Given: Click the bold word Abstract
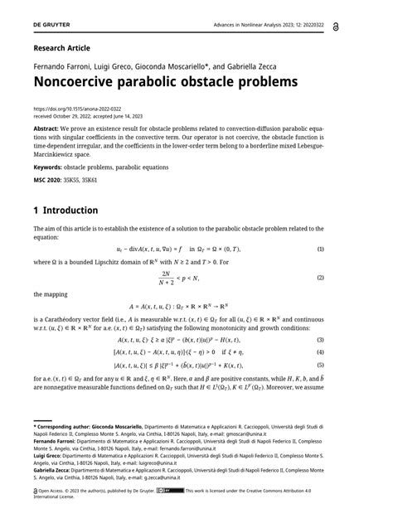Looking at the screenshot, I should point(46,130).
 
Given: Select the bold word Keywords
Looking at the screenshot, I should point(50,166).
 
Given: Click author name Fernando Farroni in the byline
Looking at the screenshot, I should point(63,65).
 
